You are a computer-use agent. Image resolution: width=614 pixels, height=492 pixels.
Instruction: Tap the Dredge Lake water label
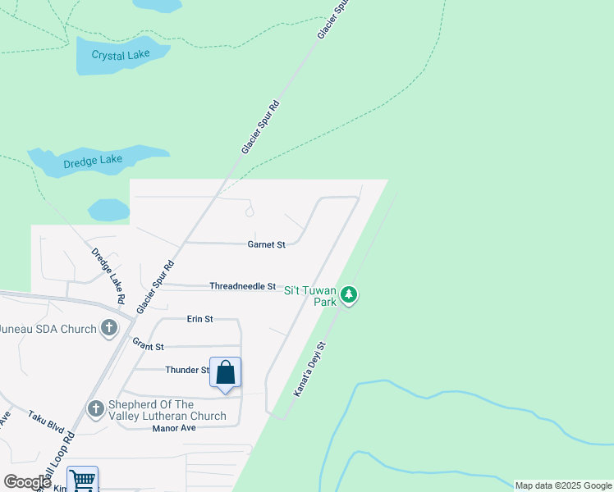(x=94, y=160)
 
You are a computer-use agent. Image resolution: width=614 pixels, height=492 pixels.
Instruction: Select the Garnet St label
(x=266, y=244)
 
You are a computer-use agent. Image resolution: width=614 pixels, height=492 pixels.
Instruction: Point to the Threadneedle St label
(x=242, y=286)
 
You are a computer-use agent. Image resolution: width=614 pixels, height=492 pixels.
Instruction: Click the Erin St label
(x=199, y=318)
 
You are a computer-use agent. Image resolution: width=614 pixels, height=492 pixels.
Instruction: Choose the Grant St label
(x=149, y=347)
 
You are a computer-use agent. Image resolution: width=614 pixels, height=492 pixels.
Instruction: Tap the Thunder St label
(x=186, y=371)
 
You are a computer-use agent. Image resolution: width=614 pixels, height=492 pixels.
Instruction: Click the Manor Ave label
(x=174, y=428)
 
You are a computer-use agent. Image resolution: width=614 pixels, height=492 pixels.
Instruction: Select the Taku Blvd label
(x=46, y=422)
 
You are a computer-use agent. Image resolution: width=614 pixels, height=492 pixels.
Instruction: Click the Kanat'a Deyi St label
(x=310, y=370)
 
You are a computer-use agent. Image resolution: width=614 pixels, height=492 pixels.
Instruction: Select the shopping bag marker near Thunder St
(x=226, y=373)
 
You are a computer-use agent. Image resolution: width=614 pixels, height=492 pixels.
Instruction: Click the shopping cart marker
(x=82, y=481)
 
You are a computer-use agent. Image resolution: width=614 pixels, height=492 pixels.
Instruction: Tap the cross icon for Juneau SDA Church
(x=108, y=329)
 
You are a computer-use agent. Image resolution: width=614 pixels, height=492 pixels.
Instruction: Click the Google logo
(x=27, y=482)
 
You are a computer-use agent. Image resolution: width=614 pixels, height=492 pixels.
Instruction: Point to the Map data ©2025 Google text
(x=563, y=485)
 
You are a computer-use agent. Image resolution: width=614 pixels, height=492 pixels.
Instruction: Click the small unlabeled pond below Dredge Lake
(x=108, y=210)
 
